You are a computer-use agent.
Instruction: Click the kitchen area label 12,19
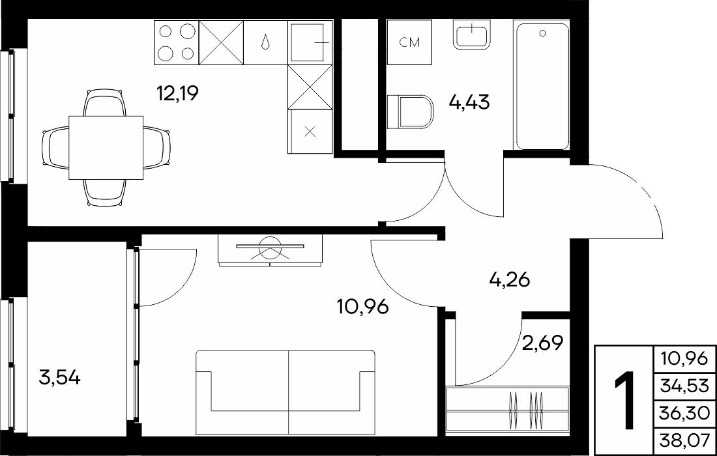pyautogui.click(x=177, y=94)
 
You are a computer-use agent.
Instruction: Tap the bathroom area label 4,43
pyautogui.click(x=469, y=102)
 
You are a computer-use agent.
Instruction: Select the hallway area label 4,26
pyautogui.click(x=510, y=279)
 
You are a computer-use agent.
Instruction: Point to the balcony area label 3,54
pyautogui.click(x=60, y=378)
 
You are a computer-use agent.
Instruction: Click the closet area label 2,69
pyautogui.click(x=542, y=342)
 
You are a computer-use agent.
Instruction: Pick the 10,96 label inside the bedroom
pyautogui.click(x=362, y=307)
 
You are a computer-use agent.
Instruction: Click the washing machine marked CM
pyautogui.click(x=409, y=42)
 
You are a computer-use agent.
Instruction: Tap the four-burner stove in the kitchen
pyautogui.click(x=177, y=42)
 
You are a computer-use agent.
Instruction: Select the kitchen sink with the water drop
pyautogui.click(x=266, y=42)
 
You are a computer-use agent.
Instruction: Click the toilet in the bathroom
pyautogui.click(x=410, y=111)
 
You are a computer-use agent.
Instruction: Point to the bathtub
pyautogui.click(x=542, y=87)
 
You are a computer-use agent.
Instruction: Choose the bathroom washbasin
pyautogui.click(x=472, y=35)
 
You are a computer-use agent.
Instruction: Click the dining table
pyautogui.click(x=106, y=147)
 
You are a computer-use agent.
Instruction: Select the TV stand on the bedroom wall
pyautogui.click(x=271, y=250)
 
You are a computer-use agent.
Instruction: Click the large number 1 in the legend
pyautogui.click(x=624, y=401)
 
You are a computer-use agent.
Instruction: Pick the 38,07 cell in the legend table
pyautogui.click(x=684, y=441)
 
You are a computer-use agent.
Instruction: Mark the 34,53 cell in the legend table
pyautogui.click(x=684, y=386)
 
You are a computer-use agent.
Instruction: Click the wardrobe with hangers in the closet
pyautogui.click(x=508, y=409)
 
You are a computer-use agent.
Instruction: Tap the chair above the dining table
pyautogui.click(x=105, y=102)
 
